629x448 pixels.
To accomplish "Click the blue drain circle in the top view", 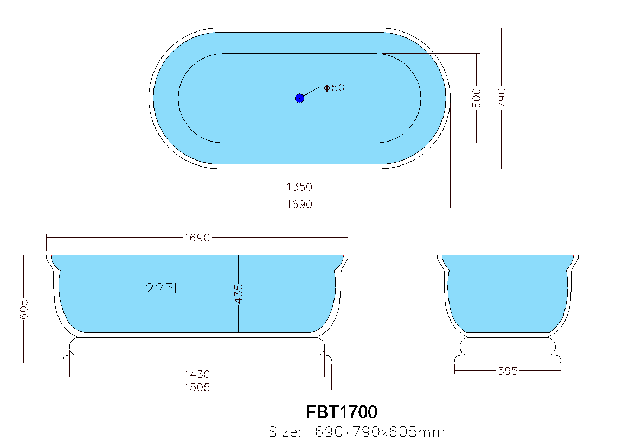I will tap(299, 98).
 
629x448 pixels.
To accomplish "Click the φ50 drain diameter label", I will tap(334, 87).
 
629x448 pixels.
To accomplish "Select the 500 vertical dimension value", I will tap(477, 98).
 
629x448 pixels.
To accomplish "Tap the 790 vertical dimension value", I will tap(502, 98).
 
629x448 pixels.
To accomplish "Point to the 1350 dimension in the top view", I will tap(299, 187).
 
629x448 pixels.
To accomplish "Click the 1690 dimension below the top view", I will tap(299, 204).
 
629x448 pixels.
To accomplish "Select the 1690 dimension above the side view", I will tap(197, 238).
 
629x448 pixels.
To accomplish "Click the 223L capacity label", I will tap(164, 289).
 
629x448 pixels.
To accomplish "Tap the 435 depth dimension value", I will tap(239, 293).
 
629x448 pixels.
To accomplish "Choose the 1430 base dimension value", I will tap(197, 374).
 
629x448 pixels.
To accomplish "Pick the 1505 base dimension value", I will tap(197, 387).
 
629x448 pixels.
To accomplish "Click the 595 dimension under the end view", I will tap(508, 371).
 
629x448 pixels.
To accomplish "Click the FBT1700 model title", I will tap(342, 412).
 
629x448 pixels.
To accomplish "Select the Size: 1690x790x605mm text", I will tap(357, 432).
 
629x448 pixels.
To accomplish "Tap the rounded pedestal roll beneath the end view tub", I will tap(508, 345).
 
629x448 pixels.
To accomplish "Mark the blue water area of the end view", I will tap(508, 293).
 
